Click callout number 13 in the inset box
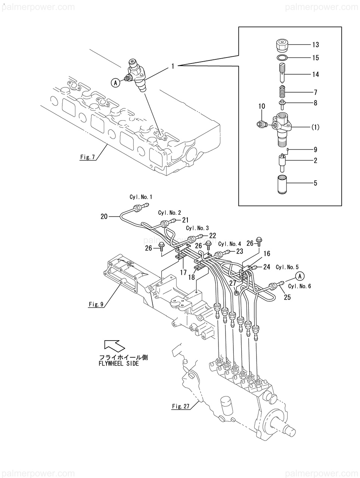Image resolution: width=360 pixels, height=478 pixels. click(315, 45)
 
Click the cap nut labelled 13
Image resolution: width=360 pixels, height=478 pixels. click(282, 46)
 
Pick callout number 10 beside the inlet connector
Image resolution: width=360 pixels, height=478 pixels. click(262, 106)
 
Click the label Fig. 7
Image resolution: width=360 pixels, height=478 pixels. click(87, 157)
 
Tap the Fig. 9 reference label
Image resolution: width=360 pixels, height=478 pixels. click(96, 304)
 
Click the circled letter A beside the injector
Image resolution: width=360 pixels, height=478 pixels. click(116, 83)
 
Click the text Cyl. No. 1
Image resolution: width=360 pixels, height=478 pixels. click(141, 197)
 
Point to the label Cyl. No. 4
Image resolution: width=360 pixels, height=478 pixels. click(230, 244)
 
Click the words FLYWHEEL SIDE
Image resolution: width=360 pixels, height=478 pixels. click(119, 363)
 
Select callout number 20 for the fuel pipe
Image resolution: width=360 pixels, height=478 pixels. click(104, 217)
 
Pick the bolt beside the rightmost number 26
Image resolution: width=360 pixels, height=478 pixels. click(259, 241)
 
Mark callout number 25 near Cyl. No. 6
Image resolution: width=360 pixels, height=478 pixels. click(287, 297)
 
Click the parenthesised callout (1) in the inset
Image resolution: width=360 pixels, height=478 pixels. click(315, 127)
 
